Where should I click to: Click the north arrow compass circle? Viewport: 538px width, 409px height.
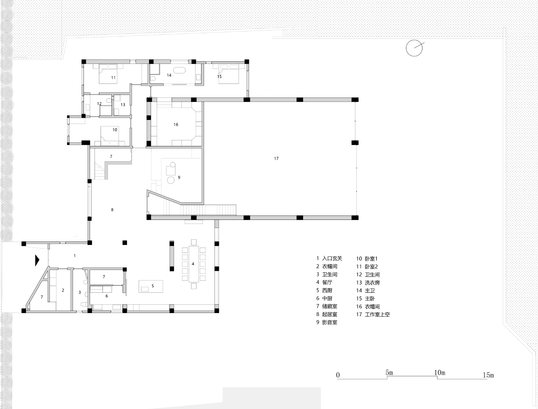(x=414, y=48)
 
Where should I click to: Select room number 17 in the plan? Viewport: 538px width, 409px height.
(x=276, y=158)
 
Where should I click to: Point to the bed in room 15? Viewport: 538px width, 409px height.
(x=229, y=74)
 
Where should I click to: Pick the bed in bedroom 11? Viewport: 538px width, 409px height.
(x=111, y=74)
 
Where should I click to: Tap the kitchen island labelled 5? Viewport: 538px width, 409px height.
(x=151, y=286)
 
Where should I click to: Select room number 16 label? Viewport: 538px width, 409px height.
(x=176, y=124)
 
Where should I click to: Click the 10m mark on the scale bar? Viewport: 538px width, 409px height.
(x=440, y=373)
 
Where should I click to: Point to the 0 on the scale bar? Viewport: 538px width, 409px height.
(x=338, y=375)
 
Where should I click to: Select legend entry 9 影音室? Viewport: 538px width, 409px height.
(x=327, y=322)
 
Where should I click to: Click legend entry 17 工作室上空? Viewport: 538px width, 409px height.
(x=373, y=314)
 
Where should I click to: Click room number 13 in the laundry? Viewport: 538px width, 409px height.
(x=123, y=105)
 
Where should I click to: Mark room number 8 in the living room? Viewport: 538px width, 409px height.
(x=112, y=210)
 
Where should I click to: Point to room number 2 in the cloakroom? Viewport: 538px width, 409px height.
(x=63, y=290)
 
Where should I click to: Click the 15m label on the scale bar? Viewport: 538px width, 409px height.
(x=488, y=375)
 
